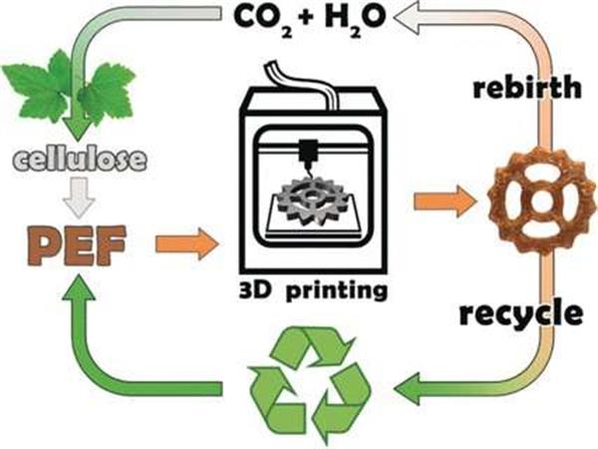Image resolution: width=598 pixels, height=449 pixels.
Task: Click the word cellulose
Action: (79, 159)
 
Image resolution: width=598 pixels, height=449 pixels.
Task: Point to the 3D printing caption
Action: (307, 292)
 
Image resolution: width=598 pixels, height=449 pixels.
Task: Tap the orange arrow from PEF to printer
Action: (185, 240)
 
